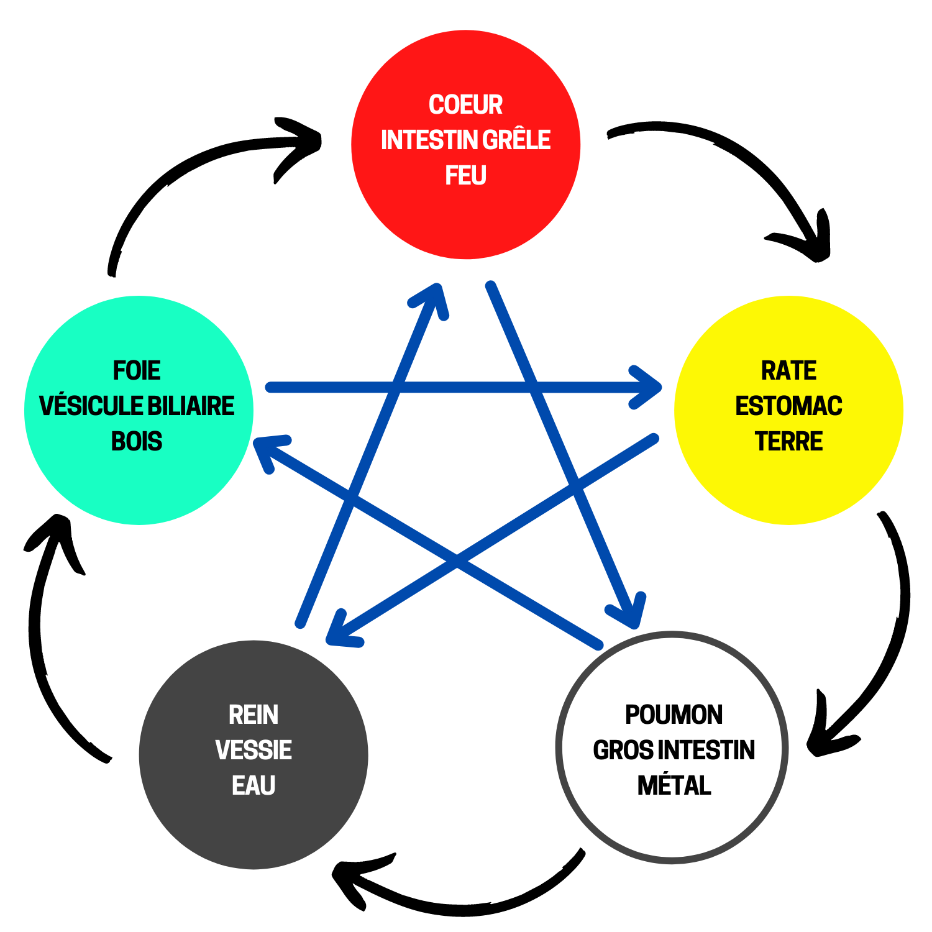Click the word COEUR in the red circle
point(465,104)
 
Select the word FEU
point(465,176)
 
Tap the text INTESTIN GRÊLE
point(465,140)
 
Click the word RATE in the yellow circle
point(788,370)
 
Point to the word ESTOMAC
point(788,406)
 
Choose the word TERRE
point(788,441)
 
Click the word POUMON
point(674,715)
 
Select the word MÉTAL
point(674,785)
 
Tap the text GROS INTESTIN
point(674,750)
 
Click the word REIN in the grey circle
point(254,715)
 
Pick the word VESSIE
point(254,750)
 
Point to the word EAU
point(254,785)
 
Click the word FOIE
point(137,370)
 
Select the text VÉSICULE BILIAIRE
point(137,406)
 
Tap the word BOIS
point(137,441)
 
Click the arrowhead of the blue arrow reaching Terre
point(649,387)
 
